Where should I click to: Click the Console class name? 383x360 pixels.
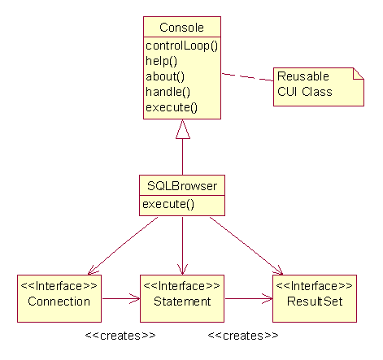(181, 28)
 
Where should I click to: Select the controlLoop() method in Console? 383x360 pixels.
(181, 46)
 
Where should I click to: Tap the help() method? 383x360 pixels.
(161, 61)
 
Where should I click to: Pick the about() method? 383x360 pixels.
(165, 76)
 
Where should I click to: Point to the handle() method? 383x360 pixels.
(168, 92)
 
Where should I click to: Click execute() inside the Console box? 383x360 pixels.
(172, 107)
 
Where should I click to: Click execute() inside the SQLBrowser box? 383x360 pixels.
(168, 204)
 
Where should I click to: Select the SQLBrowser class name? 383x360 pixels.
(182, 186)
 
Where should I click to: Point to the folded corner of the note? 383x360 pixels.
(359, 73)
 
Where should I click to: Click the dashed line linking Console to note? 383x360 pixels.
(247, 77)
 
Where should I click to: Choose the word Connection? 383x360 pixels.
(59, 301)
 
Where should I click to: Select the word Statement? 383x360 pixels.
(182, 301)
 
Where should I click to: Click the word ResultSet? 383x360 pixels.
(315, 301)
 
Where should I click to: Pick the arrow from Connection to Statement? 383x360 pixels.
(121, 298)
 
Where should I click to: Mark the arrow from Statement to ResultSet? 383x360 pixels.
(249, 298)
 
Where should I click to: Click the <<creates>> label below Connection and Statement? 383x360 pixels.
(120, 336)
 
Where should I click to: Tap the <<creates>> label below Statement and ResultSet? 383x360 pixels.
(243, 336)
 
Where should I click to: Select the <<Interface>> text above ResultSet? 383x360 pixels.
(314, 286)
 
